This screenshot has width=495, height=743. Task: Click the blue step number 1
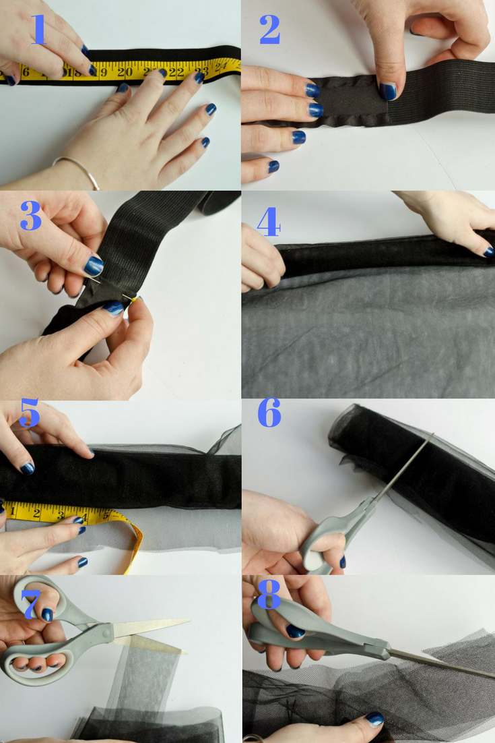39,30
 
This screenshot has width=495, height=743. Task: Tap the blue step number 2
270,30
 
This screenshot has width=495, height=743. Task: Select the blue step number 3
31,216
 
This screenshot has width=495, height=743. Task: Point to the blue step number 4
269,222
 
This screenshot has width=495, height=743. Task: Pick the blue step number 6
269,412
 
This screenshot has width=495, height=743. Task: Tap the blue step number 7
30,605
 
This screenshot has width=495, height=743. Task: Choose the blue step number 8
269,594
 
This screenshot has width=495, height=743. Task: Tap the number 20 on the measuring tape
125,72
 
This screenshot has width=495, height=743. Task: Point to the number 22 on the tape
176,72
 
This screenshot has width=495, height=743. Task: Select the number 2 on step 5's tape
36,512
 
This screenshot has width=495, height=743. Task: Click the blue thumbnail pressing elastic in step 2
388,91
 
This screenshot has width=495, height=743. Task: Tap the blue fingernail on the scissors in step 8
295,631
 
